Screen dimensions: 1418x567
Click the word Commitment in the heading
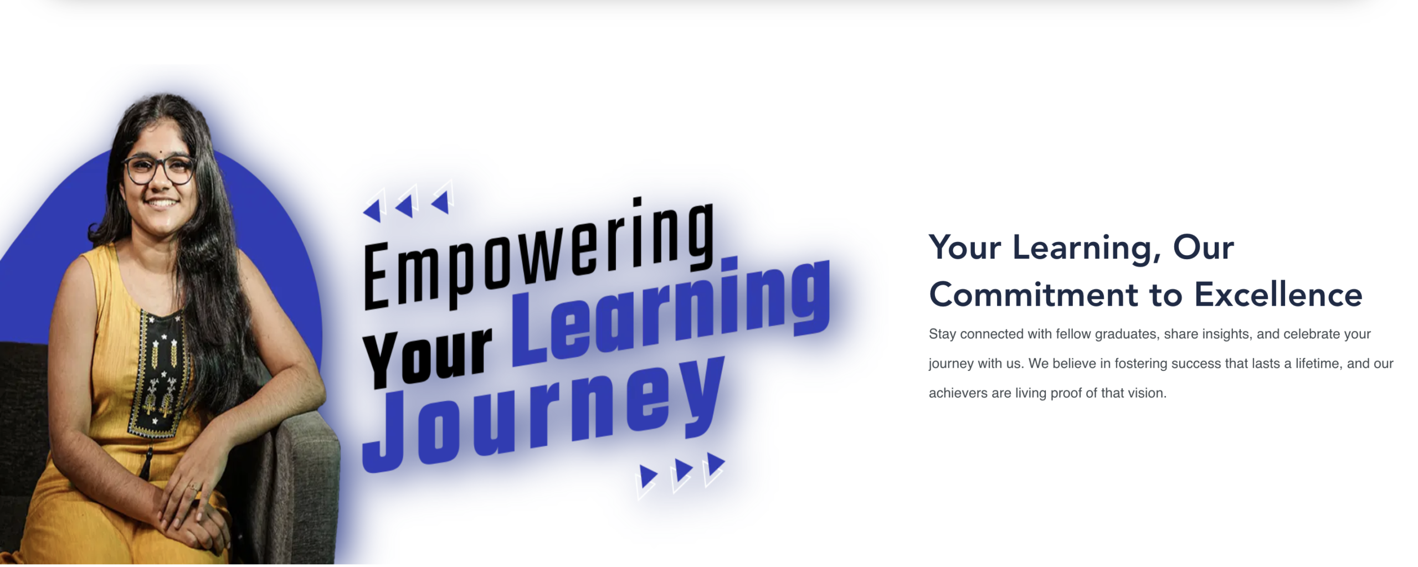click(1034, 295)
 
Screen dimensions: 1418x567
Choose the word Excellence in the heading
click(1278, 295)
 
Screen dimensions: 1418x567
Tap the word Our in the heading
click(1204, 247)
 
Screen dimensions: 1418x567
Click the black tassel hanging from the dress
click(146, 463)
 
